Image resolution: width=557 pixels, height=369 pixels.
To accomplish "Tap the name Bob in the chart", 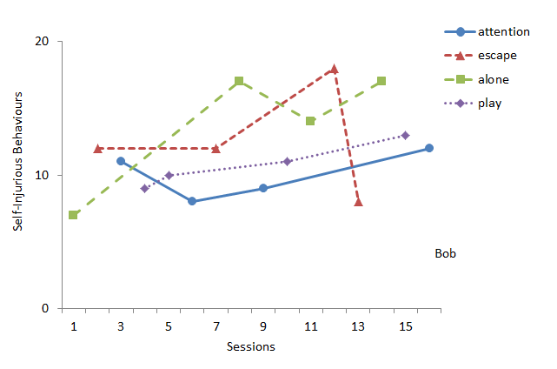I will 445,254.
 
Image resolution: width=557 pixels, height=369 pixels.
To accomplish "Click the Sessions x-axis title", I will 251,346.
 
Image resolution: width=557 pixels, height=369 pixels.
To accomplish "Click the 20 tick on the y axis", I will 43,42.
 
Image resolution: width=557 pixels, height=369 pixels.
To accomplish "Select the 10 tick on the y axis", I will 43,175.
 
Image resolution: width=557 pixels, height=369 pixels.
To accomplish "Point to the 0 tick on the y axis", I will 46,308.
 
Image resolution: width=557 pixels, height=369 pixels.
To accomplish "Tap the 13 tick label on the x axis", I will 358,325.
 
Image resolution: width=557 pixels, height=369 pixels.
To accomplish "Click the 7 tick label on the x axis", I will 216,325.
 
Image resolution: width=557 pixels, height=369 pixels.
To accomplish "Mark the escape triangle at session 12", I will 335,69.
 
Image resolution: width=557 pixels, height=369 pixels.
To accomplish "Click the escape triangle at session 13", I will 358,202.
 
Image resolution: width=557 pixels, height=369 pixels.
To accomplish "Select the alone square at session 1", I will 73,215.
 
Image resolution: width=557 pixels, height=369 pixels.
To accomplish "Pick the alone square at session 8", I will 239,82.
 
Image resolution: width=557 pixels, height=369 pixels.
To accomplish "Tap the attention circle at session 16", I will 429,148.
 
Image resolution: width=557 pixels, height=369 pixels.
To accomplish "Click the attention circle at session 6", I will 192,201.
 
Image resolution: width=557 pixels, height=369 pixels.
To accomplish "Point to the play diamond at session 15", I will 406,135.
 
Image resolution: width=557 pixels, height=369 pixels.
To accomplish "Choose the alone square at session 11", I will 310,121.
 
